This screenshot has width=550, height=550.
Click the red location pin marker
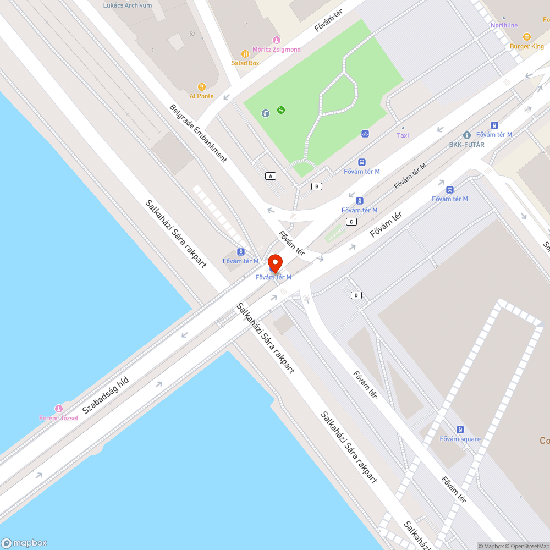click(x=275, y=262)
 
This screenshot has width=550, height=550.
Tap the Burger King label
click(x=526, y=46)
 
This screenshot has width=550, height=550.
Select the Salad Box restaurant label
click(x=245, y=63)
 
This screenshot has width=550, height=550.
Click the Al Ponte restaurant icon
click(x=202, y=87)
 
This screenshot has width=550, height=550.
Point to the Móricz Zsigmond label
click(x=277, y=49)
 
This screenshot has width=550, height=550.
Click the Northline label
click(x=504, y=25)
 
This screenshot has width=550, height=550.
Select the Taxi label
click(x=403, y=135)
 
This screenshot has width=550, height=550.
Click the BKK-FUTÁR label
click(x=467, y=144)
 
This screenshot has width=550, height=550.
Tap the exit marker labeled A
click(x=270, y=176)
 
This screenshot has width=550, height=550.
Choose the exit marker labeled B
click(x=316, y=186)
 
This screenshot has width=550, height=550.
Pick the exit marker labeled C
click(x=351, y=222)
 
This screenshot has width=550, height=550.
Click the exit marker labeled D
click(x=356, y=295)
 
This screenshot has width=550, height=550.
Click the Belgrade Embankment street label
click(x=198, y=133)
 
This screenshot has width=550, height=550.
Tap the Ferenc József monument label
click(x=58, y=417)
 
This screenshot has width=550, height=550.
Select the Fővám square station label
click(x=460, y=438)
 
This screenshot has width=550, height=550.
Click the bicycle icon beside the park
click(x=365, y=134)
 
